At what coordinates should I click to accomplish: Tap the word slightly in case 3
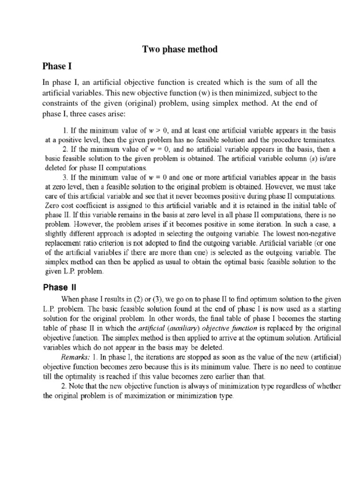[59, 233]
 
